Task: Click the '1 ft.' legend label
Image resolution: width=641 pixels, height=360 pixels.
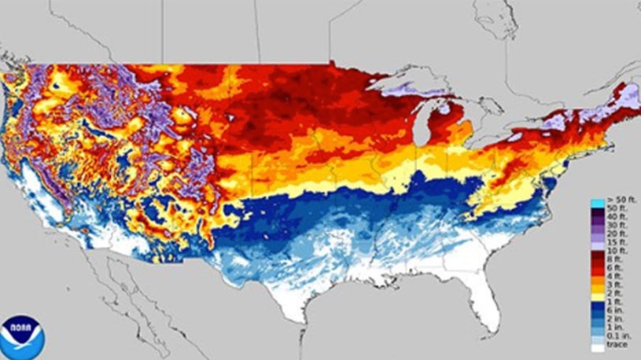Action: coord(613,302)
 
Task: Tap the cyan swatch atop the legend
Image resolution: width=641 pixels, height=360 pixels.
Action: coord(598,204)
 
